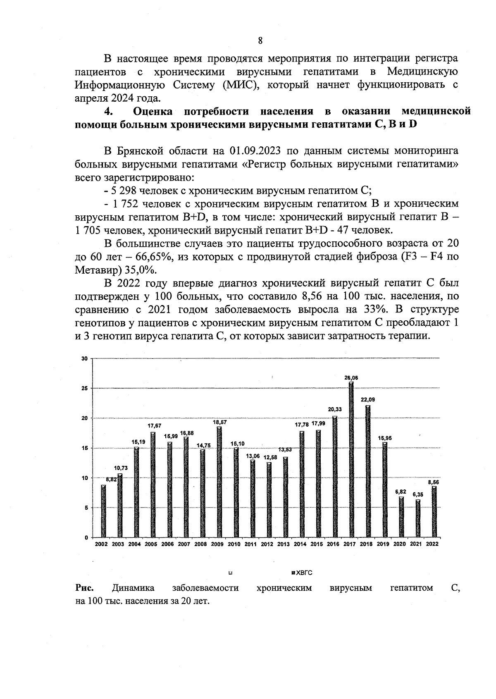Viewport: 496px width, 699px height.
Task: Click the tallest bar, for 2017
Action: (x=351, y=459)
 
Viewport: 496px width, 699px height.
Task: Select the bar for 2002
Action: (x=103, y=511)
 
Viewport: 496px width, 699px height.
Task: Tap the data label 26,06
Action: (x=351, y=377)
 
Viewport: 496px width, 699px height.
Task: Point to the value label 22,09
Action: (x=368, y=399)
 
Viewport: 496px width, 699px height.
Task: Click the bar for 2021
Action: (x=417, y=518)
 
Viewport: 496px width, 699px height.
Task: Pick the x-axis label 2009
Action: (x=217, y=544)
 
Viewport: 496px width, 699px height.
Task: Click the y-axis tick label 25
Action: (x=84, y=389)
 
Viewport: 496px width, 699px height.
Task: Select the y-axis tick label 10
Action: (x=84, y=478)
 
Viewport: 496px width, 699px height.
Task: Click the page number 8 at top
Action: (x=260, y=41)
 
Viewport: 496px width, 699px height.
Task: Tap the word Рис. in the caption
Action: (x=84, y=588)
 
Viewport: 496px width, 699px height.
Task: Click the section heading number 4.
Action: (x=108, y=112)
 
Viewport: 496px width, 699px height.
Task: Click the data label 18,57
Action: (x=219, y=422)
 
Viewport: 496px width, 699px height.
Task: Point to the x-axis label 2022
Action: (x=432, y=544)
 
